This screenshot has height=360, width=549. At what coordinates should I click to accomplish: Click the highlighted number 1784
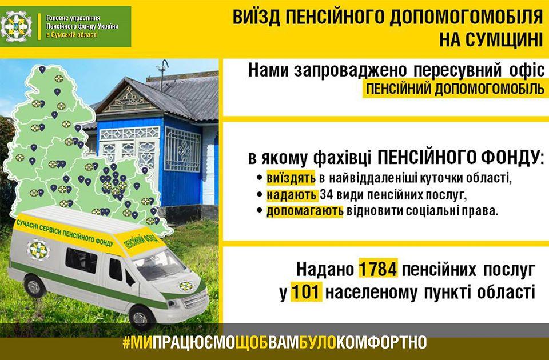[378, 269]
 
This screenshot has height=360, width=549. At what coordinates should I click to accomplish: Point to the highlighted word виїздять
[291, 178]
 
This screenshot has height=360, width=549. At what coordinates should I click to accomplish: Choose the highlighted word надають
[292, 195]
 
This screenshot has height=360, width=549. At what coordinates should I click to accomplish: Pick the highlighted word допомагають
[305, 211]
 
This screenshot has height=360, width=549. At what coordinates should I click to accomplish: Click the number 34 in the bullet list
[326, 195]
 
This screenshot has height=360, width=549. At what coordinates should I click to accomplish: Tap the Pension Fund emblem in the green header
[16, 26]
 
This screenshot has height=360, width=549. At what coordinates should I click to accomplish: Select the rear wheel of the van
[34, 286]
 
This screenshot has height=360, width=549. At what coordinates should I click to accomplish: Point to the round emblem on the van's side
[38, 250]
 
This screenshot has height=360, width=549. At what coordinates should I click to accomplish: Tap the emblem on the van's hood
[186, 286]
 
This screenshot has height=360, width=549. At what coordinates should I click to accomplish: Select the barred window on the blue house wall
[182, 149]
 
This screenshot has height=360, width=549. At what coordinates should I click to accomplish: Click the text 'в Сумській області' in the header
[72, 35]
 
